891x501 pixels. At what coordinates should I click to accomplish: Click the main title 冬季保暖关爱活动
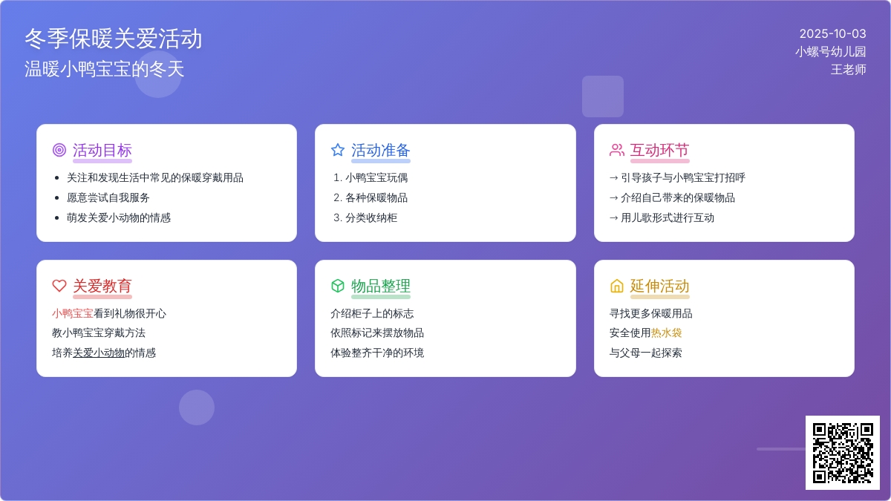pyautogui.click(x=114, y=39)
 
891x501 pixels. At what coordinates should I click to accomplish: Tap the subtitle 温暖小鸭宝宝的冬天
pyautogui.click(x=104, y=69)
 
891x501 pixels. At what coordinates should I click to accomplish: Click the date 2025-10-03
pyautogui.click(x=832, y=34)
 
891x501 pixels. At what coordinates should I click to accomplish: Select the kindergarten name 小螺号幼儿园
pyautogui.click(x=831, y=52)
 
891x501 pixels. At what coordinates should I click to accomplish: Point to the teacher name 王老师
pyautogui.click(x=848, y=70)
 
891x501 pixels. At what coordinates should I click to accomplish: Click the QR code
pyautogui.click(x=843, y=453)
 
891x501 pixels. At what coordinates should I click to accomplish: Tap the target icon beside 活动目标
pyautogui.click(x=59, y=150)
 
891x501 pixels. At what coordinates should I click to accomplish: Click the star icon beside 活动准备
pyautogui.click(x=338, y=150)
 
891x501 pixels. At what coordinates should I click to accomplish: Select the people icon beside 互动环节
pyautogui.click(x=616, y=150)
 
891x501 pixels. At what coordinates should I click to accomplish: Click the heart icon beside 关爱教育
pyautogui.click(x=59, y=286)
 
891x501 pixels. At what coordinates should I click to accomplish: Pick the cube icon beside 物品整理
pyautogui.click(x=338, y=286)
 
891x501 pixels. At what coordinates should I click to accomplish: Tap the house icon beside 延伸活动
pyautogui.click(x=616, y=286)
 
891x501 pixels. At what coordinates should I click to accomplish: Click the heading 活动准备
pyautogui.click(x=381, y=150)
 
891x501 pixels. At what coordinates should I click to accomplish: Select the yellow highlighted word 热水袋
pyautogui.click(x=666, y=333)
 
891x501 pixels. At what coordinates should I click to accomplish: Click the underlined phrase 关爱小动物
pyautogui.click(x=99, y=353)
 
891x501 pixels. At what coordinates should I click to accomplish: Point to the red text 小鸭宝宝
pyautogui.click(x=73, y=313)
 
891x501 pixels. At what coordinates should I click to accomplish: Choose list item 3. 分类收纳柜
pyautogui.click(x=365, y=217)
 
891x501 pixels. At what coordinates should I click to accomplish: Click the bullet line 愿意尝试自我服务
pyautogui.click(x=108, y=197)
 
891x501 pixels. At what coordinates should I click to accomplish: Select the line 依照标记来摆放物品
pyautogui.click(x=377, y=333)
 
